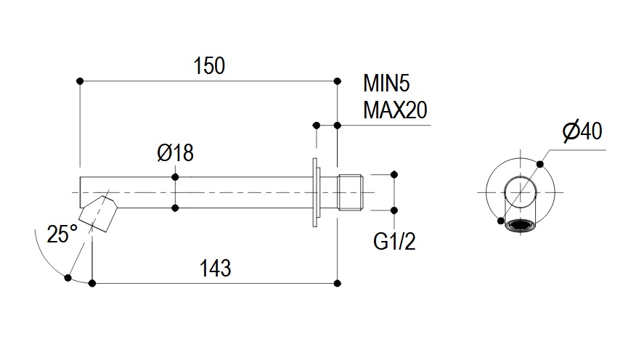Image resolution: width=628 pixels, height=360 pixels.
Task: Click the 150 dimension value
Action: pyautogui.click(x=209, y=66)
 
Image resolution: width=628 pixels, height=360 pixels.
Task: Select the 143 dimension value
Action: pyautogui.click(x=215, y=268)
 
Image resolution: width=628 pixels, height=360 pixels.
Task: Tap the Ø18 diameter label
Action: pyautogui.click(x=175, y=154)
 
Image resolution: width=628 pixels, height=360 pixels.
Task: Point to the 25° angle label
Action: pyautogui.click(x=62, y=234)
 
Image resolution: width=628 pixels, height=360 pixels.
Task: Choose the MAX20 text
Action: pyautogui.click(x=394, y=110)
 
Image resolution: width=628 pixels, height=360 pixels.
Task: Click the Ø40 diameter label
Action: pyautogui.click(x=582, y=131)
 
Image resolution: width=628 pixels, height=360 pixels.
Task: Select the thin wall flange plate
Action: pyautogui.click(x=316, y=192)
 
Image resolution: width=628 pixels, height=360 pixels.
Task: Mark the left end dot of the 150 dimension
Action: pyautogui.click(x=80, y=81)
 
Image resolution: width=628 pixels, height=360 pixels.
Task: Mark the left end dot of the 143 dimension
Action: pyautogui.click(x=92, y=282)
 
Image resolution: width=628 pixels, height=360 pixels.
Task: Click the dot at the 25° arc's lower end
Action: pyautogui.click(x=68, y=277)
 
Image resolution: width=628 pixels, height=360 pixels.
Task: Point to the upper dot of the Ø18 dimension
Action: pyautogui.click(x=175, y=176)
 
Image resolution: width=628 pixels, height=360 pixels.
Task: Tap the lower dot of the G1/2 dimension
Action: pyautogui.click(x=394, y=210)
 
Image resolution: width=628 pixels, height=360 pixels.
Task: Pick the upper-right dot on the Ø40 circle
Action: pyautogui.click(x=540, y=164)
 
